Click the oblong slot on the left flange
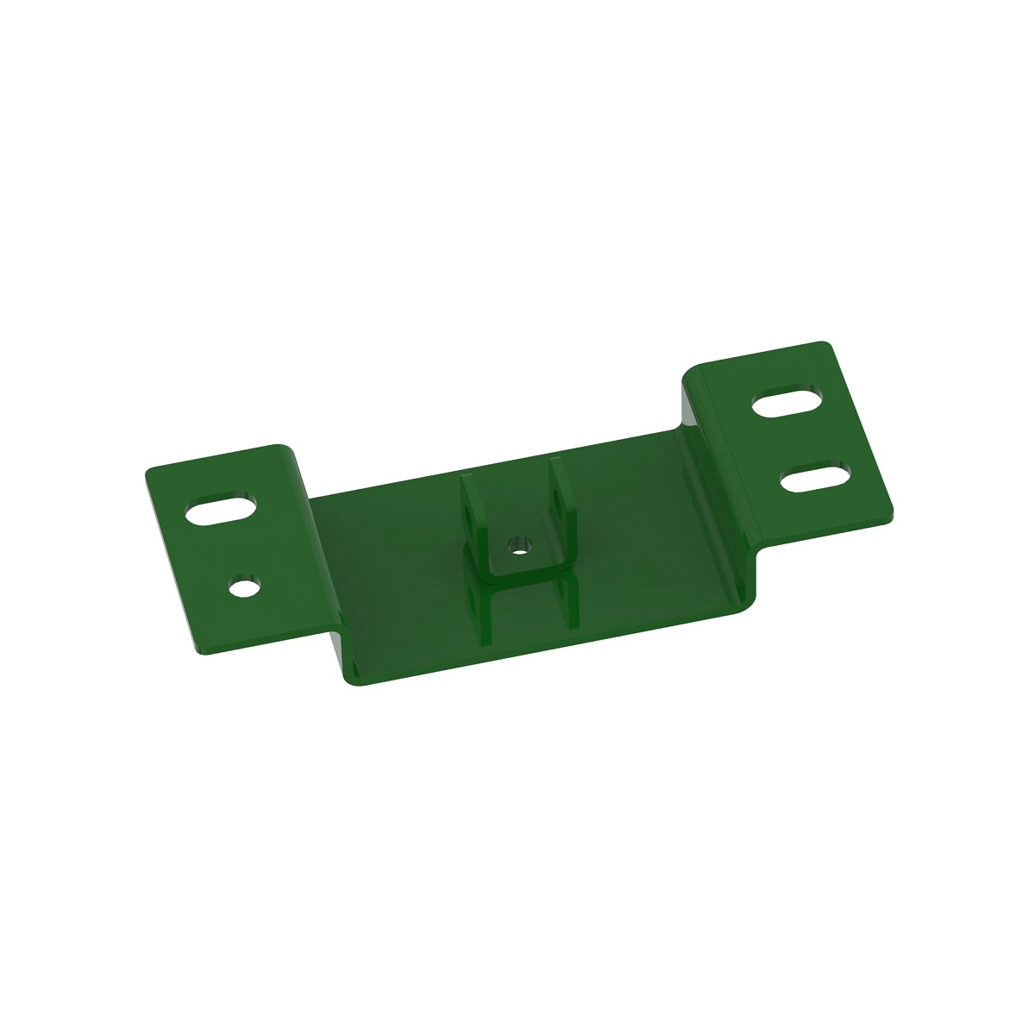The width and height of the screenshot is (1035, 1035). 222,510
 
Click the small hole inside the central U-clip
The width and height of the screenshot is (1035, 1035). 518,544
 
